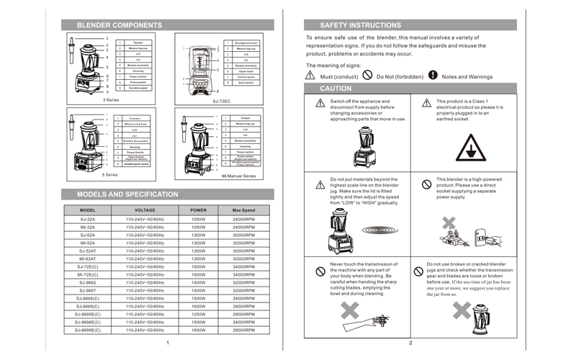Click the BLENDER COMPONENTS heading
(x=119, y=25)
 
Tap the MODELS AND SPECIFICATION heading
(x=127, y=194)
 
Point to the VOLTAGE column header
(x=145, y=210)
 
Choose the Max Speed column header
(x=244, y=210)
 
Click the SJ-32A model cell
(x=87, y=219)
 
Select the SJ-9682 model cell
(x=87, y=282)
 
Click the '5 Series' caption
(x=109, y=175)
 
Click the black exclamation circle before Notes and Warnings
(x=432, y=75)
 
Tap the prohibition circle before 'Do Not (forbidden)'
(x=368, y=75)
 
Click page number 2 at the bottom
(x=410, y=343)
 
